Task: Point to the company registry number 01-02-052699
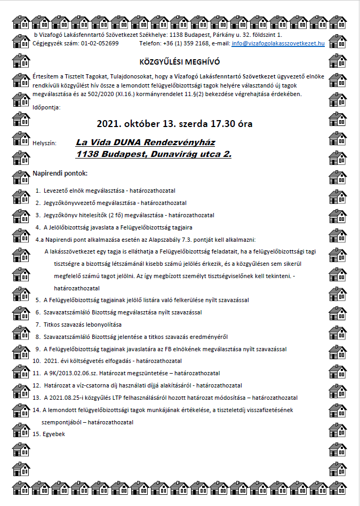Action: tap(100, 43)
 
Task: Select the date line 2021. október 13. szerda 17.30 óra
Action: tap(174, 124)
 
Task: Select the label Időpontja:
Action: tap(46, 107)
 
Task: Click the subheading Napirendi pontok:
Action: tap(60, 173)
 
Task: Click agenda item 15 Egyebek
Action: tap(54, 434)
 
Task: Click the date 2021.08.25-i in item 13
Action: tap(72, 398)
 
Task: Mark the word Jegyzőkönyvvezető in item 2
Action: tap(73, 203)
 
